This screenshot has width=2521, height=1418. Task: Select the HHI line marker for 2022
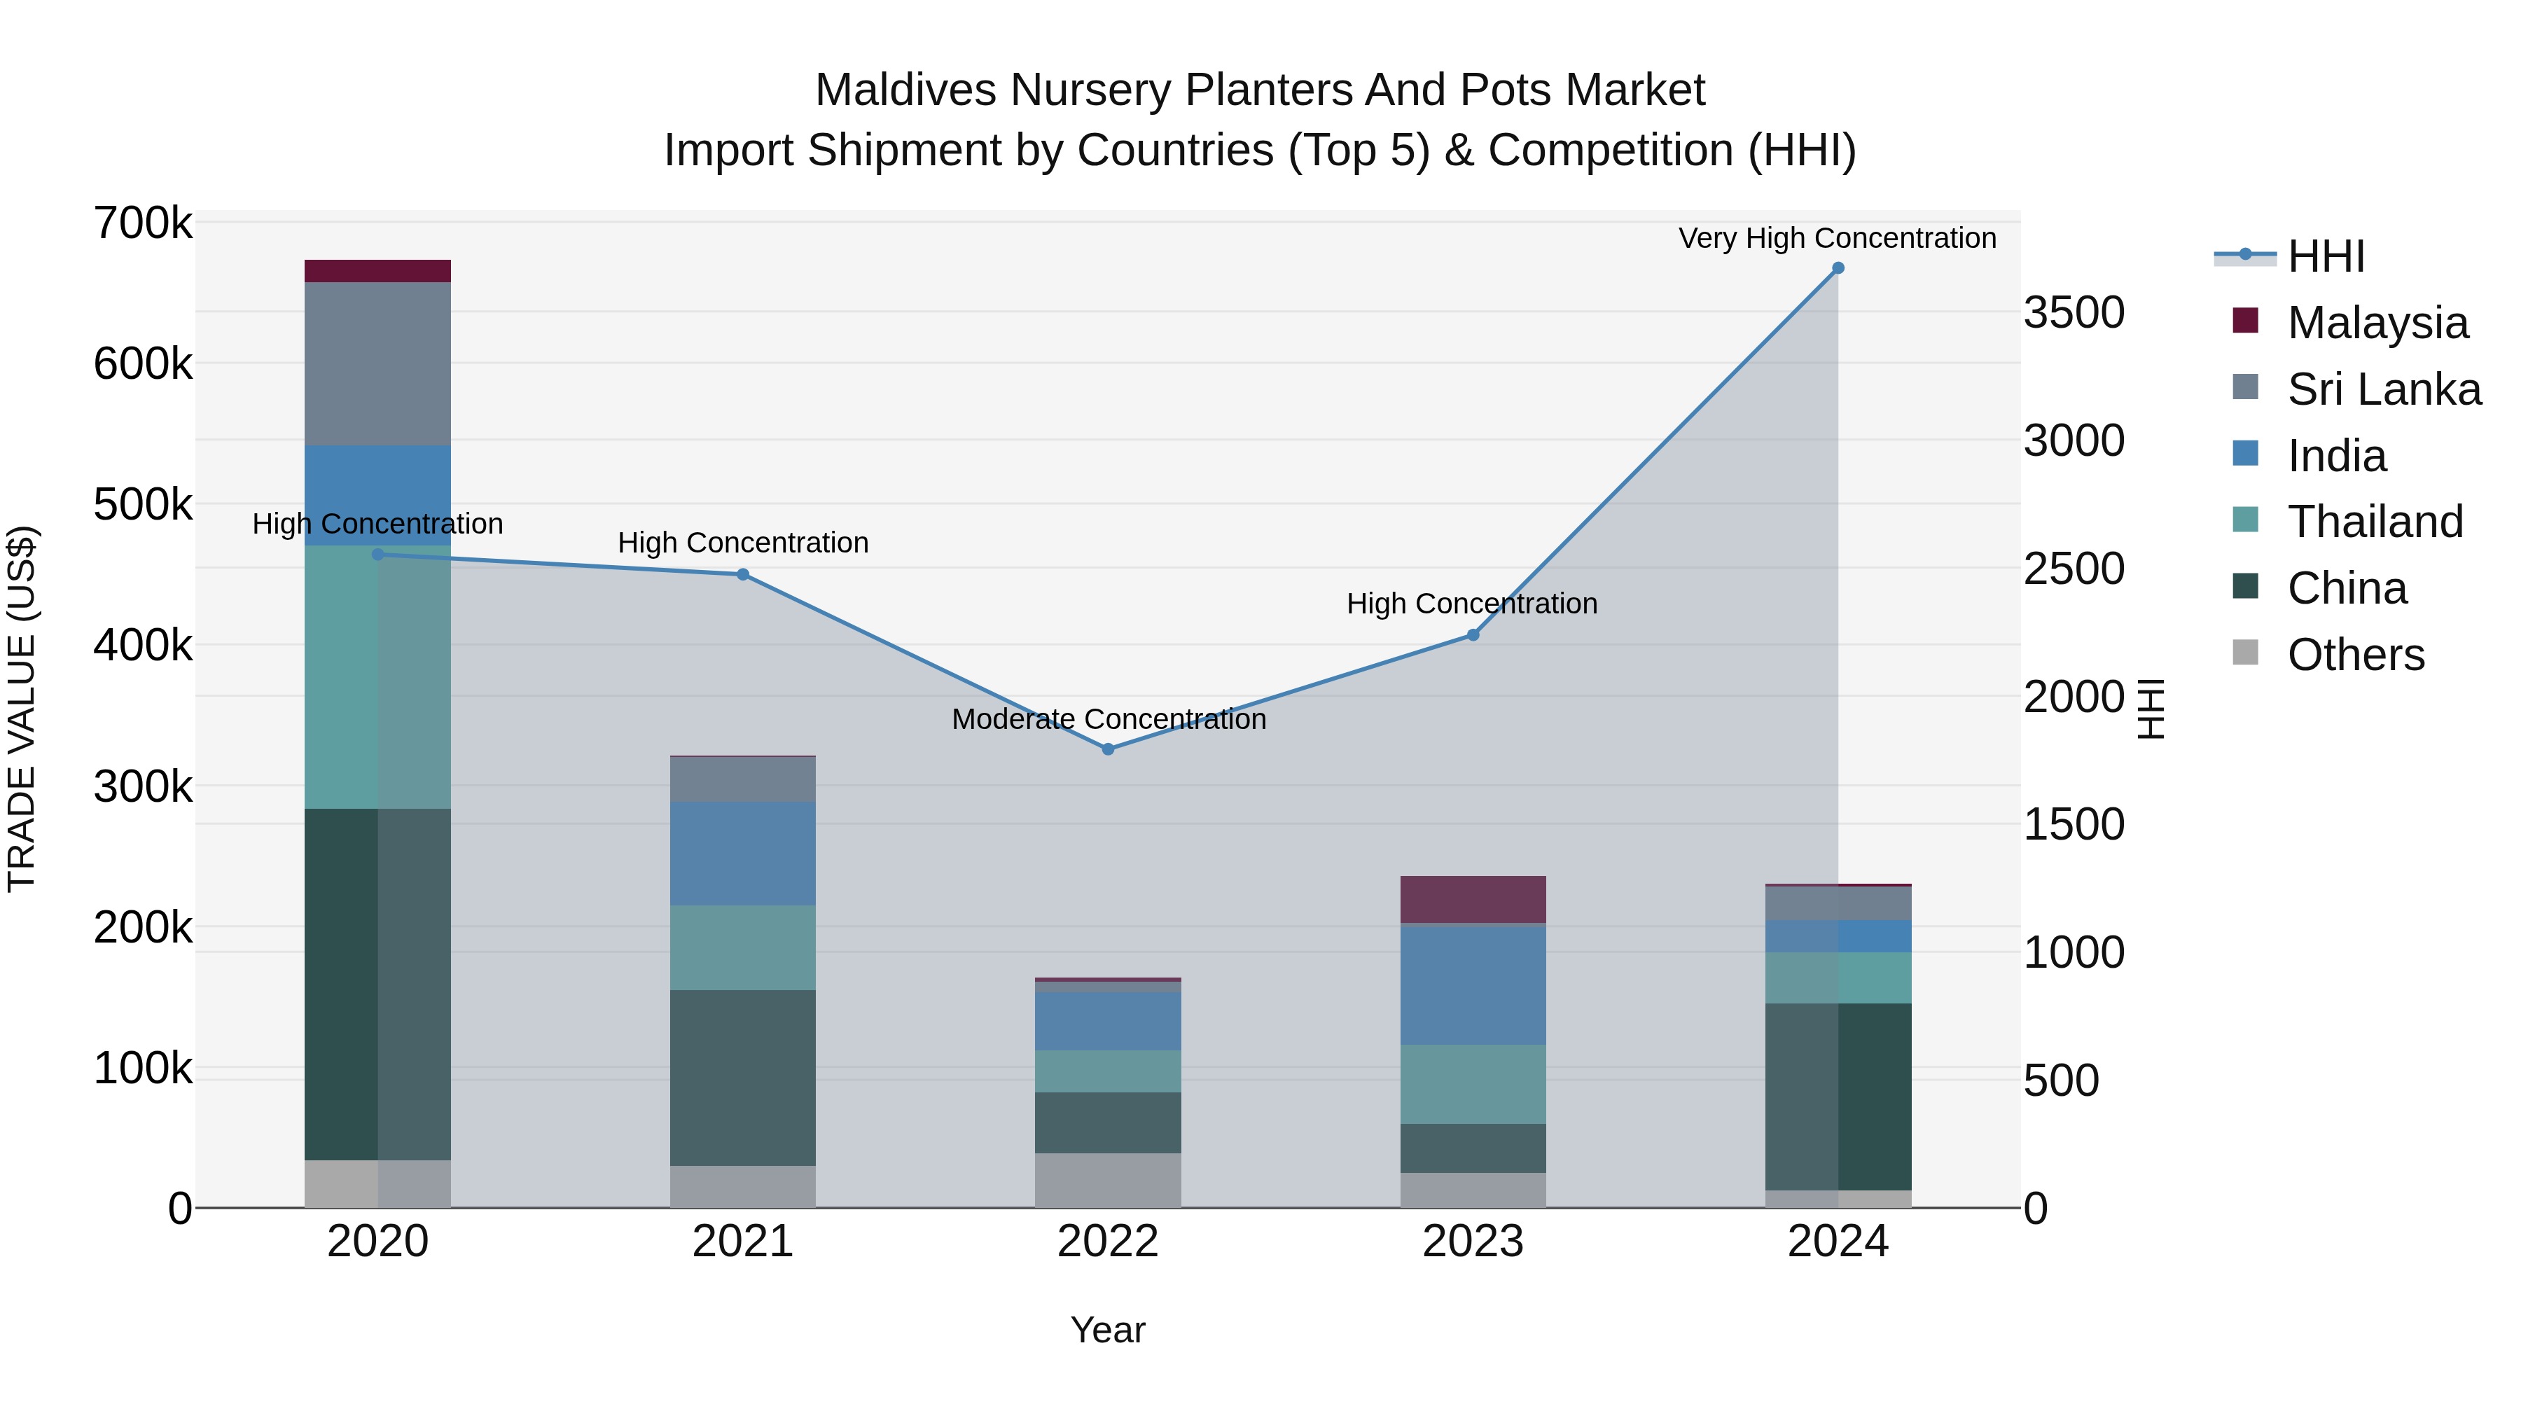coord(1108,749)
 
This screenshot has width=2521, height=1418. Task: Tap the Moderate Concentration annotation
coord(1108,719)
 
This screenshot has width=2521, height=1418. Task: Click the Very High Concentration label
coord(1837,238)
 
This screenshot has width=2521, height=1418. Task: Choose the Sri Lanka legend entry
coord(2383,389)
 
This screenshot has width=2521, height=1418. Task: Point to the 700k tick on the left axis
coord(143,223)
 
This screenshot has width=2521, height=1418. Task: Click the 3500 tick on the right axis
coord(2074,313)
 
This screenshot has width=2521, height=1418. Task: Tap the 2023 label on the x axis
coord(1472,1242)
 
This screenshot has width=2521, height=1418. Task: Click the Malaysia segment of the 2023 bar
coord(1472,899)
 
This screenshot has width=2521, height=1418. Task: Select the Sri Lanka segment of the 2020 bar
coord(377,364)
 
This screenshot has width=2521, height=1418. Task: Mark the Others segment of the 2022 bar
coord(1108,1180)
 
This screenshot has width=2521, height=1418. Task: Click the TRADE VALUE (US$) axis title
coord(22,709)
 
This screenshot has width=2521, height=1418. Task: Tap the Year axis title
coord(1108,1330)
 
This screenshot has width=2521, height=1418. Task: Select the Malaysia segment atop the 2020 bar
coord(377,271)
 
